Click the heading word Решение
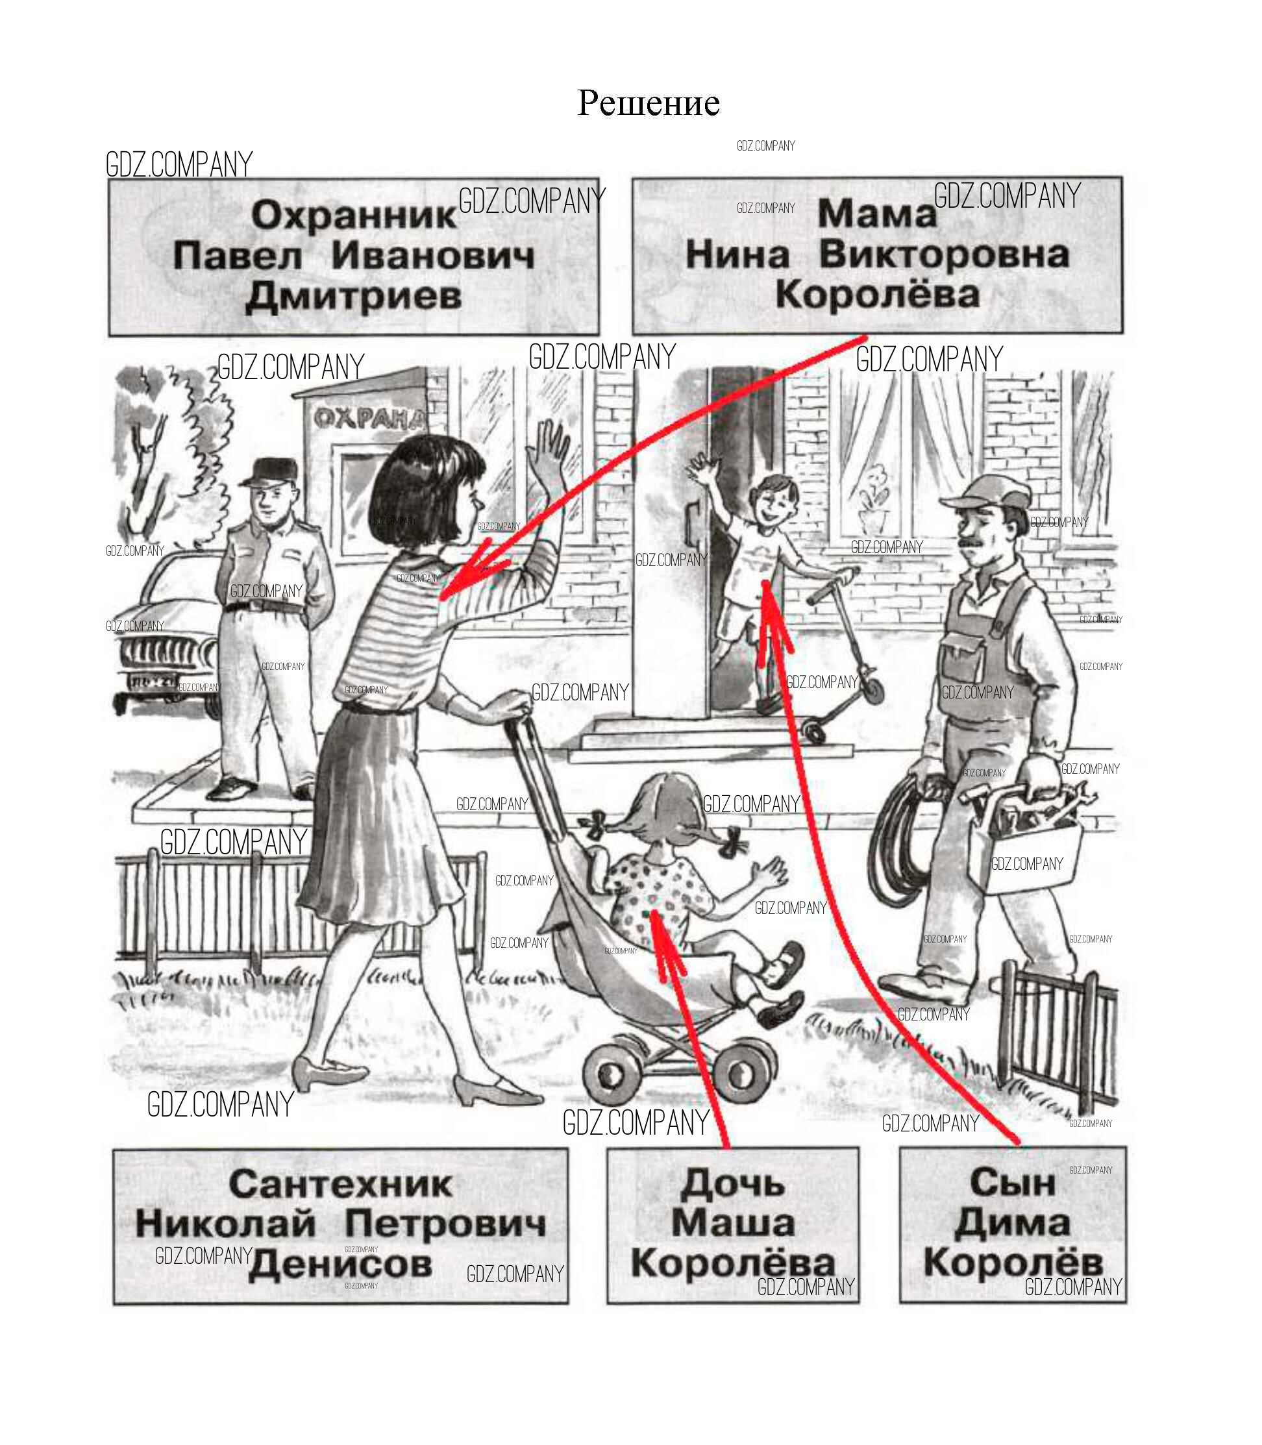pyautogui.click(x=648, y=103)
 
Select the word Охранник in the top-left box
pyautogui.click(x=354, y=216)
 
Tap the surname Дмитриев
pyautogui.click(x=354, y=297)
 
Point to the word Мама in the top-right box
pyautogui.click(x=877, y=214)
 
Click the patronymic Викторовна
pyautogui.click(x=944, y=254)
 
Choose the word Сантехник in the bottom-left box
pyautogui.click(x=340, y=1184)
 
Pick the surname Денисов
pyautogui.click(x=340, y=1265)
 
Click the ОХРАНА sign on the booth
pyautogui.click(x=371, y=418)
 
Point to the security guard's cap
pyautogui.click(x=269, y=471)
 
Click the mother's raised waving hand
pyautogui.click(x=550, y=451)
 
